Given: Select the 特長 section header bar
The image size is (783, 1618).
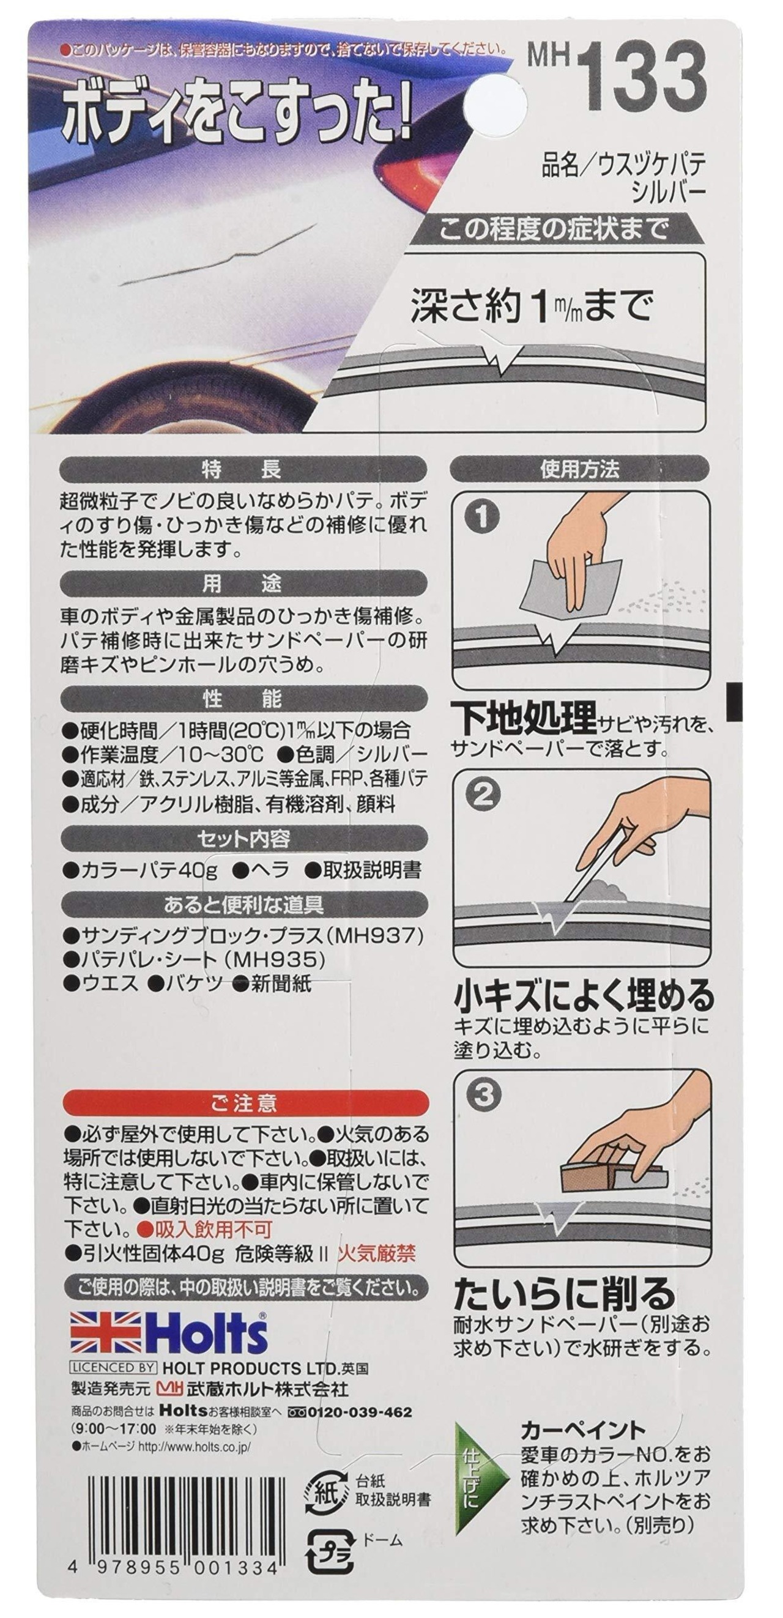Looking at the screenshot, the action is [x=243, y=469].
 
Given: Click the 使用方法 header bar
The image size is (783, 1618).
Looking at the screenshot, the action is [x=579, y=469].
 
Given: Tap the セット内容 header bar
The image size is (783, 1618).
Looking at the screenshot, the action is [x=243, y=839].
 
